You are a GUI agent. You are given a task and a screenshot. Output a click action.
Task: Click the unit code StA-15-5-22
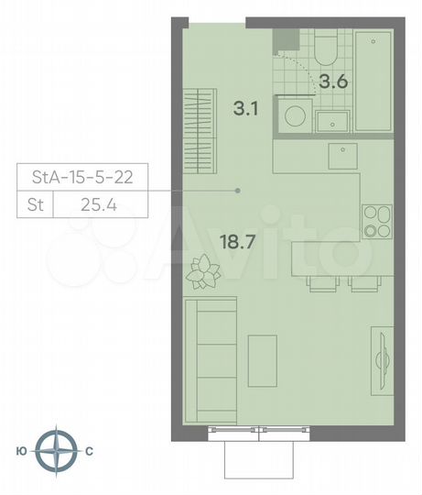(82, 178)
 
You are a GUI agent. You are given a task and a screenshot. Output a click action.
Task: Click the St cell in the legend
(33, 207)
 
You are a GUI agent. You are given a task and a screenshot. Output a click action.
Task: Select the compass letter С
(89, 451)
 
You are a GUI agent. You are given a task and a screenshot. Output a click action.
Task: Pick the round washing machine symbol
(293, 117)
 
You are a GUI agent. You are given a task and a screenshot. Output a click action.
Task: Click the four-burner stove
(375, 221)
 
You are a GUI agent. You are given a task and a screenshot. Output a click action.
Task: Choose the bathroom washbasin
(330, 122)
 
